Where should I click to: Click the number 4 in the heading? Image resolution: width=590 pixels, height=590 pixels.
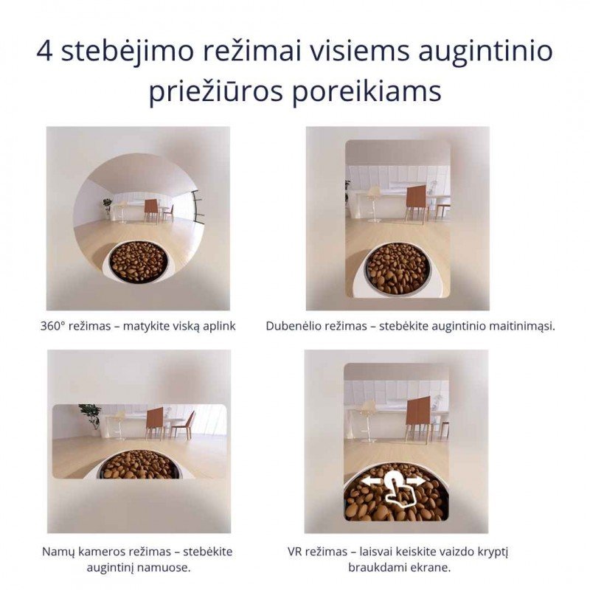[x=45, y=51]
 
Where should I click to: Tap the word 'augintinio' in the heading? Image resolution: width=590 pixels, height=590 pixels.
[x=486, y=52]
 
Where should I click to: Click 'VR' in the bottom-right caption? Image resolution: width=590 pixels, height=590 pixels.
[x=294, y=552]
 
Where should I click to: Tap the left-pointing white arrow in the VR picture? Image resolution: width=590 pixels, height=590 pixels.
[x=371, y=481]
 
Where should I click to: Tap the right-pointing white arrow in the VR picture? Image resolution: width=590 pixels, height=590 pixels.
[x=417, y=482]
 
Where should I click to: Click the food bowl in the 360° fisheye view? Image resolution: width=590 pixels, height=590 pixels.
[x=138, y=262]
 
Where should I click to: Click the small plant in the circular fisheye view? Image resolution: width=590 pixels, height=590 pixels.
[x=107, y=208]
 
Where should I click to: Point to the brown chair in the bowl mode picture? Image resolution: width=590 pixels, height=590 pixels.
[x=417, y=204]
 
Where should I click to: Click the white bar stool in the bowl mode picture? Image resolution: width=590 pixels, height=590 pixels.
[x=375, y=204]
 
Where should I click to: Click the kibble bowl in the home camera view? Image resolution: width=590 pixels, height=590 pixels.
[x=138, y=465]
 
